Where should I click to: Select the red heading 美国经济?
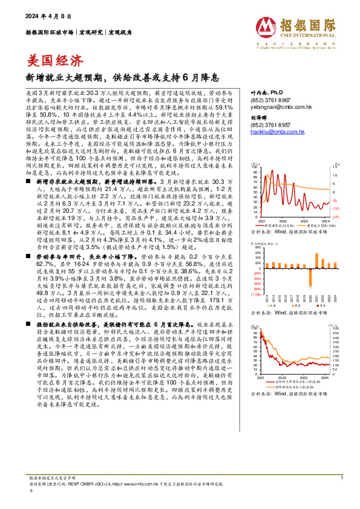point(56,60)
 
